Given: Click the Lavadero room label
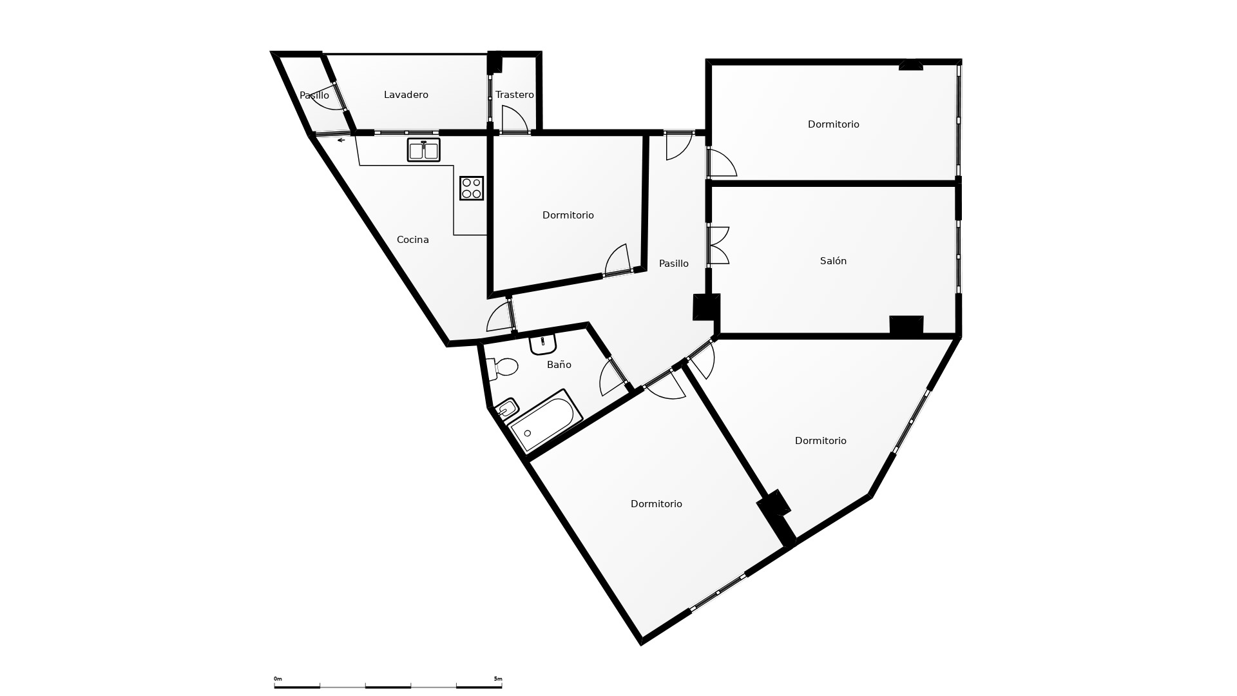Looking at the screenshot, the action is point(406,95).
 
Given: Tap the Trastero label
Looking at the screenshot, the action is point(515,95).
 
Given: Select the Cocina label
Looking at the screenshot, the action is point(413,240).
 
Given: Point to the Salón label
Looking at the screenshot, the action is point(833,261).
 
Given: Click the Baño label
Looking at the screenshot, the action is point(559,365).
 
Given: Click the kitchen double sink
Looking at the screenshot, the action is point(423,150).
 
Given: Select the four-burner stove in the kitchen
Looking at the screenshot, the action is point(472,188).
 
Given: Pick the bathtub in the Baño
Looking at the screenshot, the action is point(545,420).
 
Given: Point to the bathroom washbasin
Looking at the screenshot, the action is point(542,344).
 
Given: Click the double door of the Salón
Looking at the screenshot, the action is point(718,246).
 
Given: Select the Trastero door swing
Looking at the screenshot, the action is point(515,119).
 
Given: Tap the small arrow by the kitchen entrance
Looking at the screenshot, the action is point(341,140).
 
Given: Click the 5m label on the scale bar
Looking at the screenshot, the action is point(498,679).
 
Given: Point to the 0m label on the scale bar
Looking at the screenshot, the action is point(278,679).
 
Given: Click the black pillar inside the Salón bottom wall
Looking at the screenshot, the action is point(906,325).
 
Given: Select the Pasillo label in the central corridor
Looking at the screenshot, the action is point(674,264).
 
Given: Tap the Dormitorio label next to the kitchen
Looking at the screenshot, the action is point(568,215).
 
